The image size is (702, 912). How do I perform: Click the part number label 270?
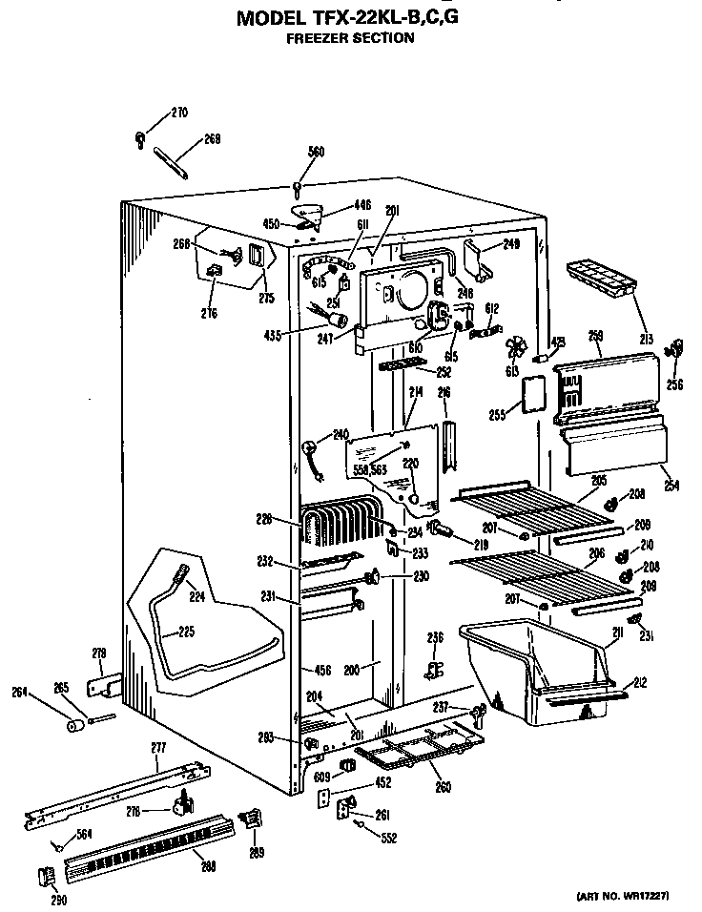point(179,114)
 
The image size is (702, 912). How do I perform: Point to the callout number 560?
point(316,152)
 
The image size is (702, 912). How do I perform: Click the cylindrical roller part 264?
point(72,726)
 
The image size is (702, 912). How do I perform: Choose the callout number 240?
point(341,434)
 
